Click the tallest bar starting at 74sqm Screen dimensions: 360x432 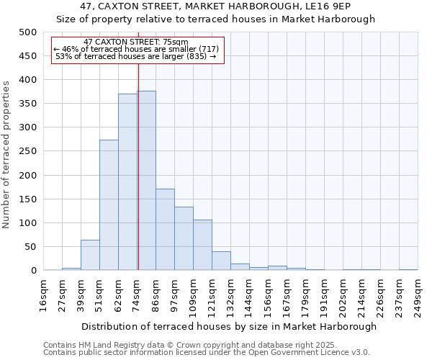[147, 181]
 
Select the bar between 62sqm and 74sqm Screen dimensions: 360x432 [127, 182]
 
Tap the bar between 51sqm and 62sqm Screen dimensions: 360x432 [109, 205]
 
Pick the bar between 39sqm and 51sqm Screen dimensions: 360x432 [90, 255]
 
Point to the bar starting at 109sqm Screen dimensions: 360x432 [202, 245]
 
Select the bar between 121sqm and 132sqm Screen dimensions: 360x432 [221, 261]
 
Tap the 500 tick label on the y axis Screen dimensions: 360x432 [28, 32]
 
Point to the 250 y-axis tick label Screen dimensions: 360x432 [28, 151]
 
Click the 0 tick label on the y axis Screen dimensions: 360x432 [34, 271]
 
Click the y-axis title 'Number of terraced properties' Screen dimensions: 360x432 [6, 154]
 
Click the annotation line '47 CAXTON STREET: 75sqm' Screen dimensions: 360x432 [135, 42]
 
